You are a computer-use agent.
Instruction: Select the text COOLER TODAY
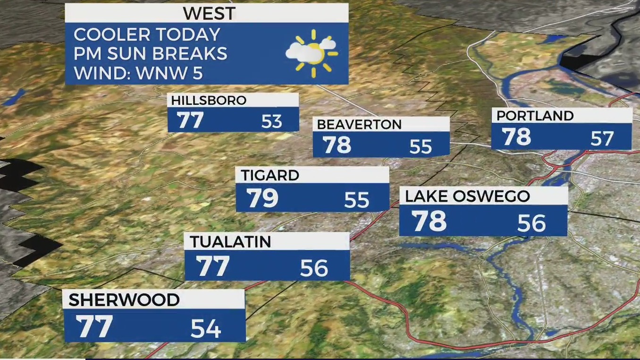tap(147, 34)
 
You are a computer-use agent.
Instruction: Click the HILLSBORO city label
tap(209, 100)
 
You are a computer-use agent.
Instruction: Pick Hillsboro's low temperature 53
tap(271, 122)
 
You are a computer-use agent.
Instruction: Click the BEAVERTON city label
tap(359, 124)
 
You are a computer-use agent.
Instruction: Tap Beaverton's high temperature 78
tap(337, 146)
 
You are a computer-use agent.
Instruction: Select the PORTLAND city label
tap(535, 115)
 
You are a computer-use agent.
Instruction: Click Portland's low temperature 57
tap(602, 139)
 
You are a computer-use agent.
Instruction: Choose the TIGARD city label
tap(270, 175)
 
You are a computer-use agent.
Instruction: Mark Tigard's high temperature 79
tap(263, 199)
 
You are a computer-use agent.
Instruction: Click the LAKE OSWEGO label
tap(467, 196)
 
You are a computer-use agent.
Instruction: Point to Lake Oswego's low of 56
tap(531, 223)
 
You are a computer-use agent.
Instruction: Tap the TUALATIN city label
tap(230, 242)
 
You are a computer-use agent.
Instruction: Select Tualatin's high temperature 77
tap(213, 267)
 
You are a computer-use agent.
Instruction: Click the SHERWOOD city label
tap(124, 300)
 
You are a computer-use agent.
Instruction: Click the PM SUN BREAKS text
tap(151, 54)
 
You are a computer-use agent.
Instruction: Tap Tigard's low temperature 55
tap(356, 201)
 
